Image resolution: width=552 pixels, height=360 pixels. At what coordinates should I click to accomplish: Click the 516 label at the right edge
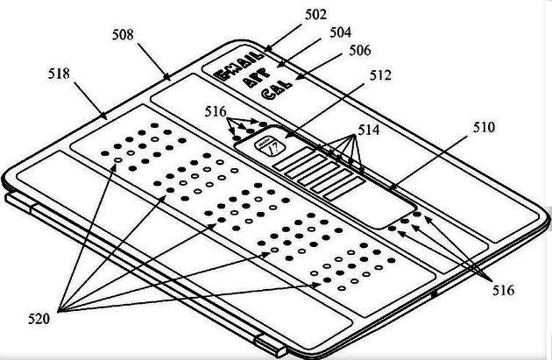[502, 290]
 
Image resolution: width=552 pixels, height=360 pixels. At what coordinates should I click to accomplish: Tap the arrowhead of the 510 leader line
[389, 187]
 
